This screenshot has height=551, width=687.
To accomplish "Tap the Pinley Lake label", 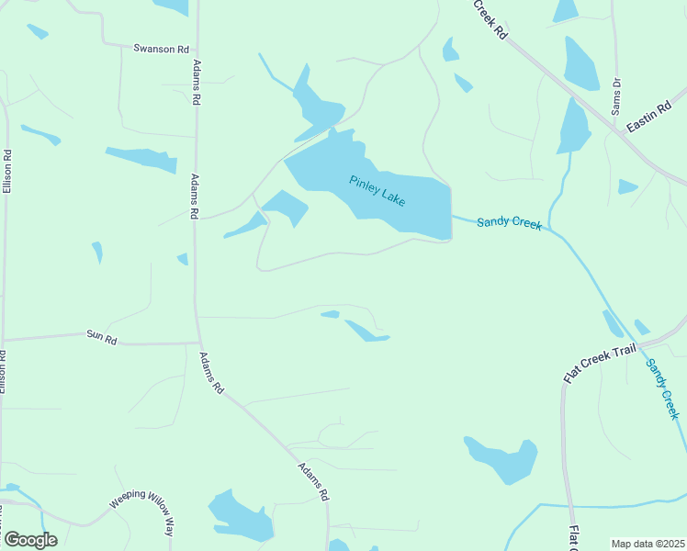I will pyautogui.click(x=377, y=191).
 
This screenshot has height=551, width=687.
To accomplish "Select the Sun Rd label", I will pyautogui.click(x=102, y=339).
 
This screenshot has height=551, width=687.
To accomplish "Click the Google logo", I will pyautogui.click(x=30, y=540).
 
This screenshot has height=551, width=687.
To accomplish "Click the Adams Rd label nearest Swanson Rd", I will pyautogui.click(x=196, y=84).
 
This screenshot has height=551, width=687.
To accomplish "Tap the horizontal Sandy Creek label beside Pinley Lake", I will pyautogui.click(x=509, y=223).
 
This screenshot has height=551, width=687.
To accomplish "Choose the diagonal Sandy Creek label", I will pyautogui.click(x=661, y=388).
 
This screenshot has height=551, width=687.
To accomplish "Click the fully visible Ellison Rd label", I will pyautogui.click(x=6, y=171).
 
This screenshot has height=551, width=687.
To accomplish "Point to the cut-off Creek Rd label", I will pyautogui.click(x=491, y=18).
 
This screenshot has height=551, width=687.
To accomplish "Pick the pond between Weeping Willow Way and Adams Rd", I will pyautogui.click(x=241, y=517).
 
